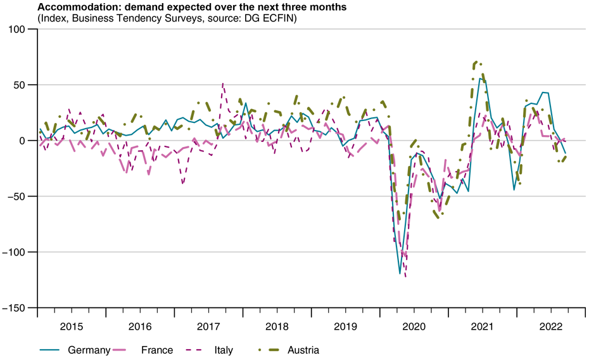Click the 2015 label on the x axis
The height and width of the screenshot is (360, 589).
coord(72,326)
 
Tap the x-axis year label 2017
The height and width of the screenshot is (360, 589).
coord(208,326)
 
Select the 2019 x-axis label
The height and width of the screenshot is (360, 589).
coord(345,326)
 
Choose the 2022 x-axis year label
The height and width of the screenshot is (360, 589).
coord(550,326)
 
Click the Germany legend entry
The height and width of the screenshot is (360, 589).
coord(89,350)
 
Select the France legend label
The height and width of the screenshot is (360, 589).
coord(156,350)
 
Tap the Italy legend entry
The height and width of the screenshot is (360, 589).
coord(223,350)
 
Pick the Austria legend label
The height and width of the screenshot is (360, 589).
coord(303,350)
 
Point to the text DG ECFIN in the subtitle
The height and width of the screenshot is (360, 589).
coord(274,18)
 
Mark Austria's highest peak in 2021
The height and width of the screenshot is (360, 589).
coord(476,62)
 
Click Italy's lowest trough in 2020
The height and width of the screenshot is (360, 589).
coord(405,276)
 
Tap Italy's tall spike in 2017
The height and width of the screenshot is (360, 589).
coord(223,83)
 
